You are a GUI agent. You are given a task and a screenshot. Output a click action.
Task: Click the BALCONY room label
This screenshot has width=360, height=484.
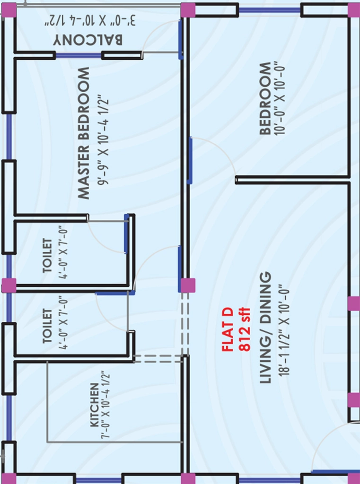[88, 40]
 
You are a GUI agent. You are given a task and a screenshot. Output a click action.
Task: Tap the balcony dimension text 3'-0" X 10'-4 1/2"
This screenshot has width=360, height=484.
[90, 21]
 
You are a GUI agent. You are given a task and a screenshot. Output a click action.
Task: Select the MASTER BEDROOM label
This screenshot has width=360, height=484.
[84, 133]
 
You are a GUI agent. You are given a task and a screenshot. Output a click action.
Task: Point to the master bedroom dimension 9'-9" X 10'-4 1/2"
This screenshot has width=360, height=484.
[104, 142]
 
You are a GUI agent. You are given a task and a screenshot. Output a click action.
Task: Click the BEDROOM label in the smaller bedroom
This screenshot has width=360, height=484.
[265, 99]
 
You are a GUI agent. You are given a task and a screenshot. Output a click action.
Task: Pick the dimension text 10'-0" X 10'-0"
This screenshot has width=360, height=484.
[280, 100]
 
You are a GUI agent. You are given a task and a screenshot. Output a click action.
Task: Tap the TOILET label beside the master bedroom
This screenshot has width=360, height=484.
[47, 256]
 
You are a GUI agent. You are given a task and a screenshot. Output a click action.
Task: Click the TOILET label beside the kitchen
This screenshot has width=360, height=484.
[47, 326]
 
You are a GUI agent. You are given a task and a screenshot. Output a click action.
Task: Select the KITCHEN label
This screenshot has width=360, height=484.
[95, 405]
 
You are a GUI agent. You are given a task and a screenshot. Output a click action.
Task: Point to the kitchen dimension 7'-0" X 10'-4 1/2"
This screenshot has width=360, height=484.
[105, 405]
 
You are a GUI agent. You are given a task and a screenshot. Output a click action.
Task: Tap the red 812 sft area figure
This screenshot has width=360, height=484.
[245, 329]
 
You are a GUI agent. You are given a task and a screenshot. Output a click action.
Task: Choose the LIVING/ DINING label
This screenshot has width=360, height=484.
[265, 328]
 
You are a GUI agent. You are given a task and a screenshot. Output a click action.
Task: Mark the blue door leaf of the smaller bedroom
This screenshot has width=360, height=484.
[190, 161]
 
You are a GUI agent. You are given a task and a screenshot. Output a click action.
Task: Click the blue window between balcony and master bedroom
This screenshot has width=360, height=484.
[79, 56]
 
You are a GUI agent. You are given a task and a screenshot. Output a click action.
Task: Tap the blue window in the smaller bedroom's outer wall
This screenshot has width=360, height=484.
[270, 10]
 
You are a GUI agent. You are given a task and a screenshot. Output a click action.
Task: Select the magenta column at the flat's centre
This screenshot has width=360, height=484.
[188, 285]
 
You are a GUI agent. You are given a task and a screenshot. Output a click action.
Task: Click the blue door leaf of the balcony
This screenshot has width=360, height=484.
[181, 40]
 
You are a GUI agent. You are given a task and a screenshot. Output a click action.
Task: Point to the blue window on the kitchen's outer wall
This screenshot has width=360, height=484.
[9, 418]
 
